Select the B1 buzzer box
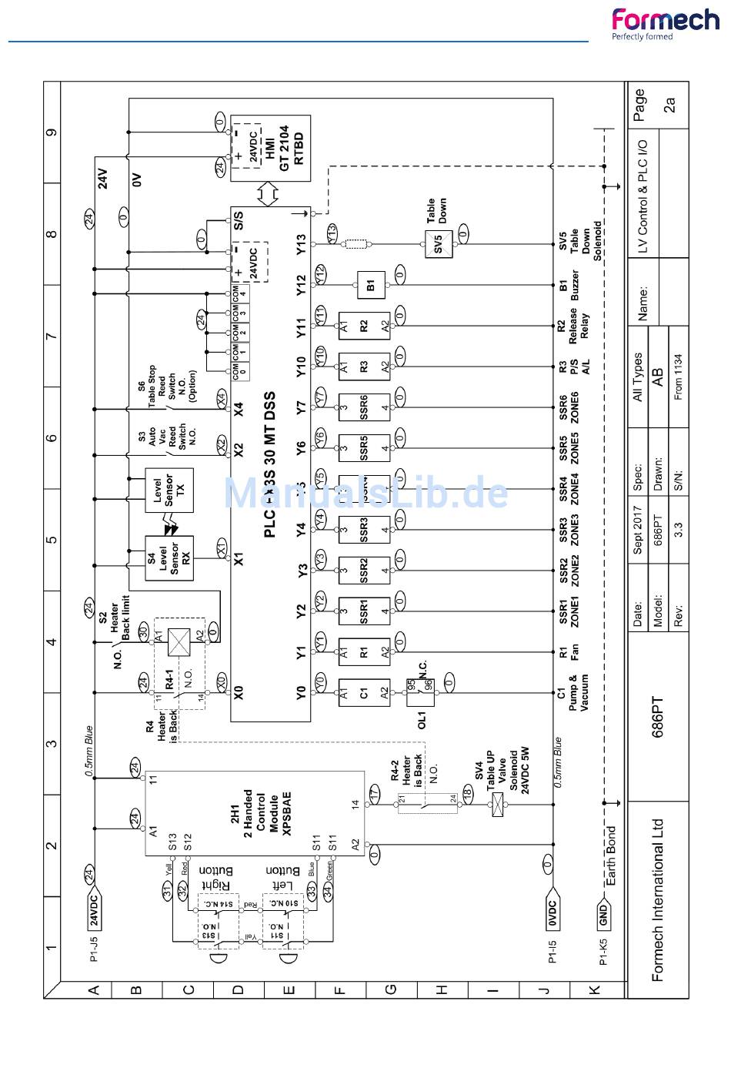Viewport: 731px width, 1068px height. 371,285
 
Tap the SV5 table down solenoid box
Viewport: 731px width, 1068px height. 438,244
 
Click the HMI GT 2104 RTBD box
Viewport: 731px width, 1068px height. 271,149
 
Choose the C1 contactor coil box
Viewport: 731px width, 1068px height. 363,692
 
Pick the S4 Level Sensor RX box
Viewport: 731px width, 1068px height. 169,557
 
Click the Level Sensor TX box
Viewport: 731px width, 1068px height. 169,490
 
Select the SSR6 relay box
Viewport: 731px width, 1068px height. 363,407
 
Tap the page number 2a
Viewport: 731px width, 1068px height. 669,105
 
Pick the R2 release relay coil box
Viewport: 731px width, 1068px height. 363,326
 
